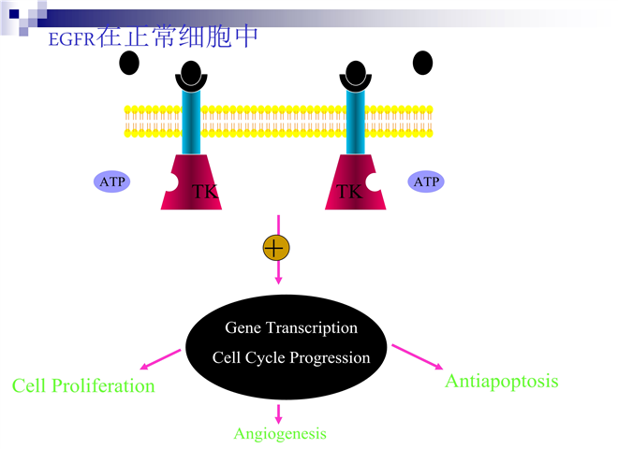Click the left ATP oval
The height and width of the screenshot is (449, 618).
112,181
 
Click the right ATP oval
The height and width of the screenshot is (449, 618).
426,181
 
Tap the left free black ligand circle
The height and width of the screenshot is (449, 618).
129,63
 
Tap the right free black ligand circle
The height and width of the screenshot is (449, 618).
422,63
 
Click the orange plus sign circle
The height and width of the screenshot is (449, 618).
276,248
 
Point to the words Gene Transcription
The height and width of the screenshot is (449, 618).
291,327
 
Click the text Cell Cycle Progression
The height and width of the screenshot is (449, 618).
291,357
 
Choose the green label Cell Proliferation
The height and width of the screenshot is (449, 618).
83,385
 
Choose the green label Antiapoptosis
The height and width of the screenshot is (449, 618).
502,382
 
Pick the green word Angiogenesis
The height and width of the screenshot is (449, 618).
280,434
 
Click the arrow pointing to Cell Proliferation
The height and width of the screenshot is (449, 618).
160,359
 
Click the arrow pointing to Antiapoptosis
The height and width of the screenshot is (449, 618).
418,356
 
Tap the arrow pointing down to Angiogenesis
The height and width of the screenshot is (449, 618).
279,414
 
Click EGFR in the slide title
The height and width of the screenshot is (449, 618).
72,39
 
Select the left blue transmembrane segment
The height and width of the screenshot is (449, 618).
191,123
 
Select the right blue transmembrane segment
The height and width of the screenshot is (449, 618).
356,123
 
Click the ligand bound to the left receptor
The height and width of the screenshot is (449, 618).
191,73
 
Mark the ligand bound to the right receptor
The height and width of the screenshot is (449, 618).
356,73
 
